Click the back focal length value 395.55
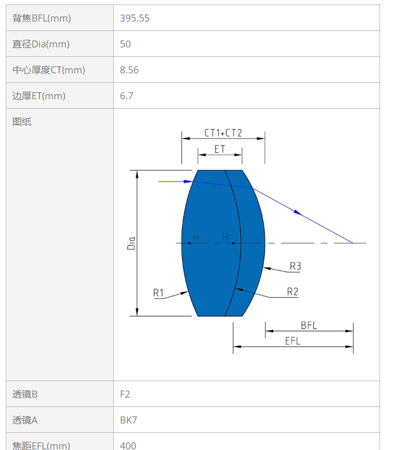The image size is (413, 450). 135,18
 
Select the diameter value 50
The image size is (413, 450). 125,44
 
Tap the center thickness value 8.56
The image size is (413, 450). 129,70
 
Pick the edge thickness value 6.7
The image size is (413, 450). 126,95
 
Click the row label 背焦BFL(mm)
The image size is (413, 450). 41,18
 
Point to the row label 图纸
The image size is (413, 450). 22,122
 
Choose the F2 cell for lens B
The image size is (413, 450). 125,394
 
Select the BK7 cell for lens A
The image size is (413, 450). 128,420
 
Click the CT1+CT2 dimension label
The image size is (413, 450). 223,133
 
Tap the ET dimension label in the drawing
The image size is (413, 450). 219,149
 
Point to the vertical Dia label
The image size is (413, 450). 131,243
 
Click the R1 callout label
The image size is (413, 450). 158,293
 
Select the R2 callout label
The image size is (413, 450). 293,291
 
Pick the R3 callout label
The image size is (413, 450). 295,266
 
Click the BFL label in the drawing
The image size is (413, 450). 309,325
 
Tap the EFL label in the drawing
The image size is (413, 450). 293,341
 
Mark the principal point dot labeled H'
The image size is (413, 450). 233,243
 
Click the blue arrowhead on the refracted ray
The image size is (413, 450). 298,212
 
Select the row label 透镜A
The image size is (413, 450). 25,420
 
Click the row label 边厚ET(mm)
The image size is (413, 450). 39,96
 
